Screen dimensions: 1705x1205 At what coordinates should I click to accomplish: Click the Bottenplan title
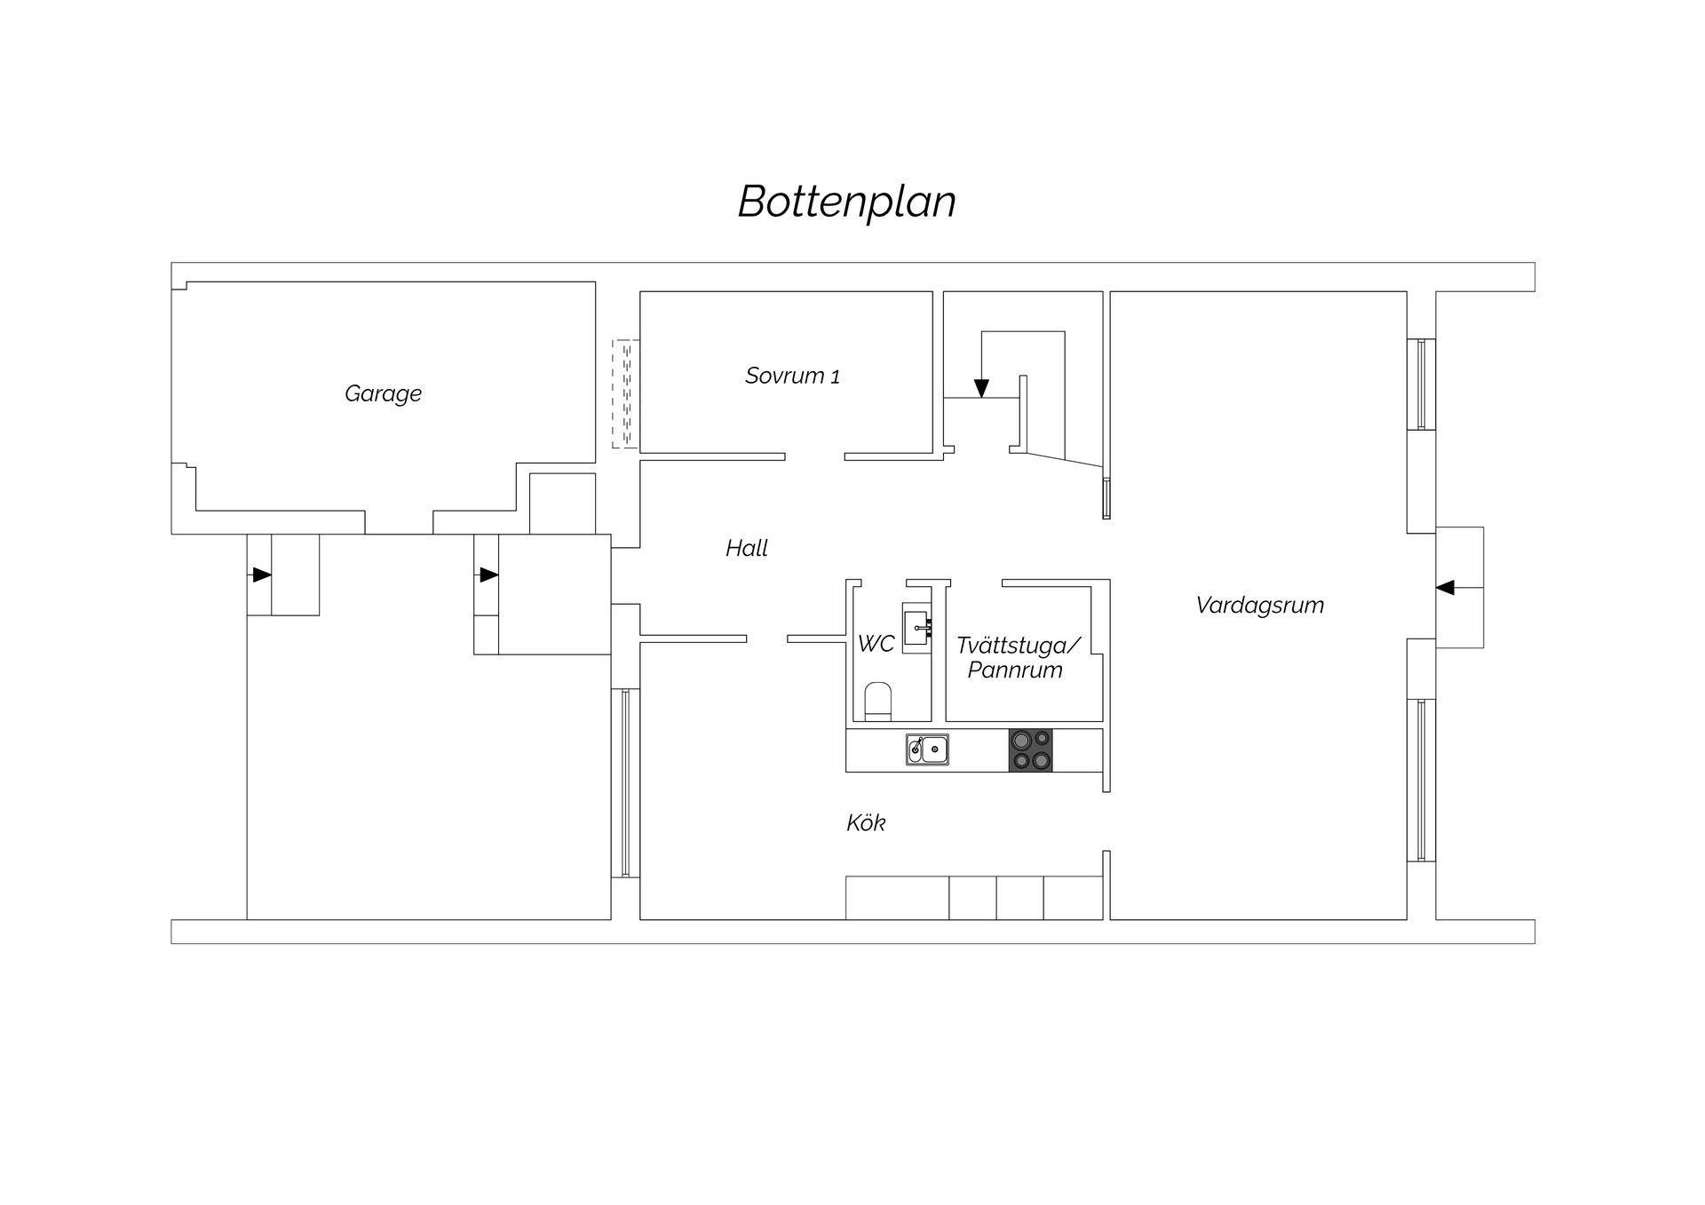coord(846,202)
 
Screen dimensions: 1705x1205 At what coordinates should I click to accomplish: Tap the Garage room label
coord(383,393)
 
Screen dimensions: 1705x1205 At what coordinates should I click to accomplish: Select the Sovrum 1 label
coord(792,376)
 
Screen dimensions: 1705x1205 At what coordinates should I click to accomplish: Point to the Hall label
coord(746,548)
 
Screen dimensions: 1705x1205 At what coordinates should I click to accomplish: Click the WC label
coord(876,643)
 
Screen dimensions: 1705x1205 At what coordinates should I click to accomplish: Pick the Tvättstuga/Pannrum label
coord(1018,657)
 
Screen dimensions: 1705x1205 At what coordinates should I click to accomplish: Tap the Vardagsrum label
coord(1259,605)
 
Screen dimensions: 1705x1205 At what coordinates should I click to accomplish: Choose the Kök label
coord(866,823)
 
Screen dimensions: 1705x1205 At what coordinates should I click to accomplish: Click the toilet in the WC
coord(877,701)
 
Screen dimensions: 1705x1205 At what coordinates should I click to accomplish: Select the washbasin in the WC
coord(916,627)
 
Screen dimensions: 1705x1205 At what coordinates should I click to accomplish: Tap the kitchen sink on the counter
coord(927,749)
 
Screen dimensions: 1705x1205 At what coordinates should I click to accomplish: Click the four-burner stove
coord(1030,750)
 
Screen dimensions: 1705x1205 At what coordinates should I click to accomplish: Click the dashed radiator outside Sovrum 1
coord(625,393)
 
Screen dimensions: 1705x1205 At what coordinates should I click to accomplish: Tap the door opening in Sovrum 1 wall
coord(814,456)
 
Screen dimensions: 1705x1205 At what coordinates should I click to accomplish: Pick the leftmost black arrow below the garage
coord(260,575)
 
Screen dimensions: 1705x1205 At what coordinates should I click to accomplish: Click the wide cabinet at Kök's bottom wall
coord(897,898)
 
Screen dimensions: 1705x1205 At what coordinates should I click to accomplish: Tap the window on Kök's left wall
coord(625,782)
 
